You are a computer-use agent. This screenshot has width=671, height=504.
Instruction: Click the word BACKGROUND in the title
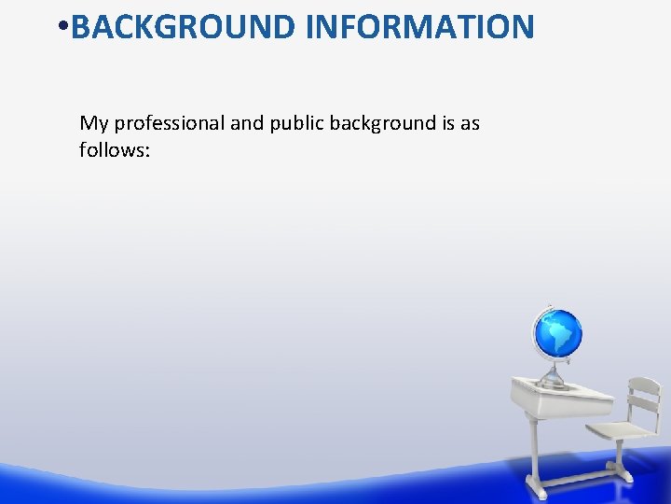pyautogui.click(x=184, y=27)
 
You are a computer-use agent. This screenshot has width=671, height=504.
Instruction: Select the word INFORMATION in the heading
pyautogui.click(x=420, y=27)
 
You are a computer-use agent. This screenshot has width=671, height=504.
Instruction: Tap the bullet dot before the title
pyautogui.click(x=61, y=28)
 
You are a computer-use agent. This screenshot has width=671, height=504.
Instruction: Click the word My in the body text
pyautogui.click(x=93, y=124)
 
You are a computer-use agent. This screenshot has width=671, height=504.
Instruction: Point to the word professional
pyautogui.click(x=169, y=124)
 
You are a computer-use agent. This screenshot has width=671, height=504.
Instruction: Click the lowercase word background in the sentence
pyautogui.click(x=385, y=123)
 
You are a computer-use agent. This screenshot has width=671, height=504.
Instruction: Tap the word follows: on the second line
pyautogui.click(x=115, y=149)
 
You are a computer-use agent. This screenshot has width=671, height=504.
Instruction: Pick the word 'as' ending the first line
pyautogui.click(x=471, y=124)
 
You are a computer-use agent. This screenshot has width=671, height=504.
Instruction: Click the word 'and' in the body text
pyautogui.click(x=247, y=123)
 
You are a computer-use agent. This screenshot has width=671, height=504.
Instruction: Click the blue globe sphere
pyautogui.click(x=557, y=332)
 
